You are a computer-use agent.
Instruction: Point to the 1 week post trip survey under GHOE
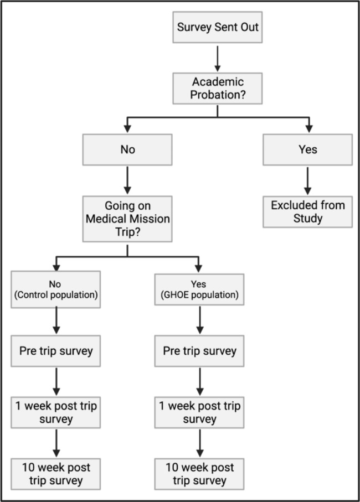[199, 412]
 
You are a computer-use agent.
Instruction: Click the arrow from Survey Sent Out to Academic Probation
[217, 56]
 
